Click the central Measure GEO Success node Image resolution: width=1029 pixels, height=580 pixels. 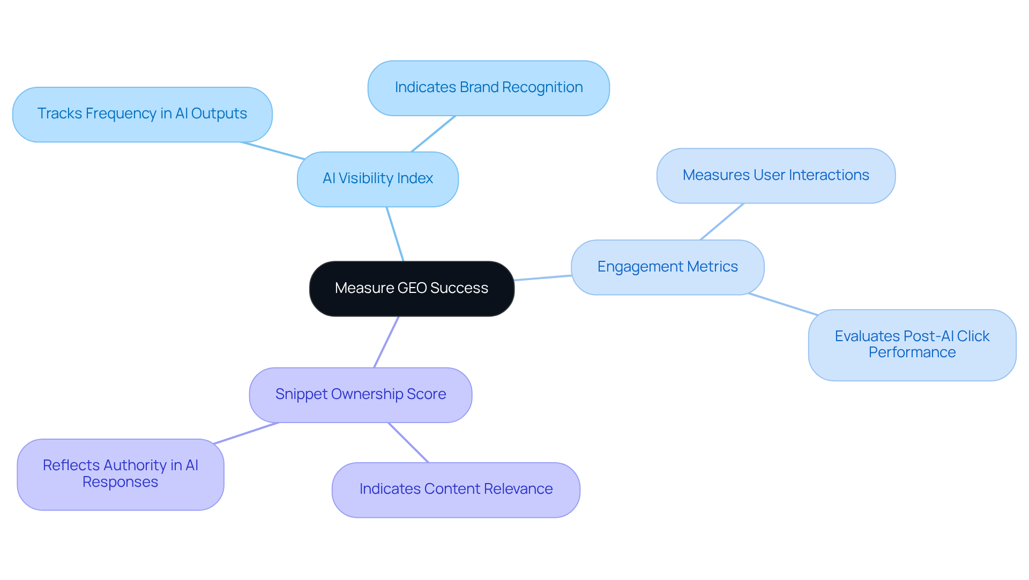pyautogui.click(x=412, y=289)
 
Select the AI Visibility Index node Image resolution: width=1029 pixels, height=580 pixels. pyautogui.click(x=378, y=179)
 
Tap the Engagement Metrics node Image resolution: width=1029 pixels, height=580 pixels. pyautogui.click(x=667, y=267)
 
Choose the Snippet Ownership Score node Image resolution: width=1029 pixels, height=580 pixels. pyautogui.click(x=360, y=395)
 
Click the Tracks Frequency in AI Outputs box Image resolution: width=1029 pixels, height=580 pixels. pyautogui.click(x=142, y=114)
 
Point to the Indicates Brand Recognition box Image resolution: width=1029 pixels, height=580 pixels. pyautogui.click(x=488, y=88)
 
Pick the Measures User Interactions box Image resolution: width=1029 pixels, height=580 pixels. pyautogui.click(x=776, y=176)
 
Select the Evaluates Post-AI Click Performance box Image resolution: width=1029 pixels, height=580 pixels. pyautogui.click(x=912, y=345)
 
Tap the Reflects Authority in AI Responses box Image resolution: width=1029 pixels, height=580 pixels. pyautogui.click(x=120, y=474)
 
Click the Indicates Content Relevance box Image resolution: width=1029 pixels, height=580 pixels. pyautogui.click(x=456, y=489)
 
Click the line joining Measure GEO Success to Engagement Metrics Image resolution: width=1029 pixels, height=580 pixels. pyautogui.click(x=542, y=278)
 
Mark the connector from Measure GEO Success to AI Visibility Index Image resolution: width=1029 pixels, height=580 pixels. pyautogui.click(x=395, y=234)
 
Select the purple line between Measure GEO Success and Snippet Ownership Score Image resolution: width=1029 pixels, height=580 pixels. pyautogui.click(x=386, y=342)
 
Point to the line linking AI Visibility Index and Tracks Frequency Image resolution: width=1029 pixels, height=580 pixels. pyautogui.click(x=272, y=150)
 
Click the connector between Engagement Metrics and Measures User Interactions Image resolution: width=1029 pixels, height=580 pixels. pyautogui.click(x=721, y=222)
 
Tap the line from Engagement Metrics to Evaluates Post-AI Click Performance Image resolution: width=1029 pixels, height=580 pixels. pyautogui.click(x=782, y=304)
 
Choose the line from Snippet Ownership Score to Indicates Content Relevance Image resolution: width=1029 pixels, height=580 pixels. pyautogui.click(x=408, y=442)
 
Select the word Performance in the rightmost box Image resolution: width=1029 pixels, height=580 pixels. pyautogui.click(x=912, y=352)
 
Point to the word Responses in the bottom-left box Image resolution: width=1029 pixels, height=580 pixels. pyautogui.click(x=120, y=482)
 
